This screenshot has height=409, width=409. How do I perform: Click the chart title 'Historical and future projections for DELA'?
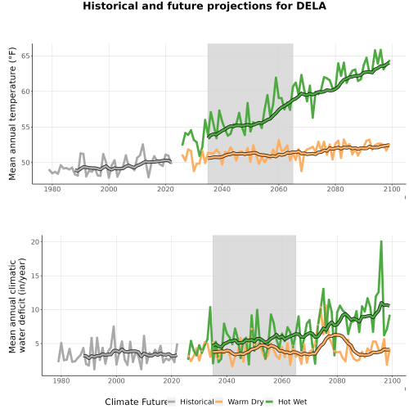pos(204,6)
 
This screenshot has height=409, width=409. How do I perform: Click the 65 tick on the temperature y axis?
pos(25,56)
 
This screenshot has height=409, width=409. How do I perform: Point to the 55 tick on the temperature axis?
pos(25,127)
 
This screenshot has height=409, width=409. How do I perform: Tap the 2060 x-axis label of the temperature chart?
pos(279,189)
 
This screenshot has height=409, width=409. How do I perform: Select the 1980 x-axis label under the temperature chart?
pos(52,189)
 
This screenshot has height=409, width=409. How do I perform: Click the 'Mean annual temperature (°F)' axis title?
pos(12,114)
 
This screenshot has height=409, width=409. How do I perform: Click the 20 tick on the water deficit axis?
pos(35,242)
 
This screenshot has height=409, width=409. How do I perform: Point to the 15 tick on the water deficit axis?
pos(35,276)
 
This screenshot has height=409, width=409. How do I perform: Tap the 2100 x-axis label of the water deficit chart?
pos(392,380)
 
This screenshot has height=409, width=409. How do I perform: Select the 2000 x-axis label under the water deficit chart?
pos(116,380)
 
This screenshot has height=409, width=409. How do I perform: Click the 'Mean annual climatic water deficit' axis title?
pos(17,305)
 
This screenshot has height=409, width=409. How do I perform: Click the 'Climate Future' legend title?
pos(136,402)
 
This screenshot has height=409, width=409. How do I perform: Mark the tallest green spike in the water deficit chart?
pos(381,241)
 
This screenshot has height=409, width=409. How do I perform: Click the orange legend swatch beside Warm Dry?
pos(219,402)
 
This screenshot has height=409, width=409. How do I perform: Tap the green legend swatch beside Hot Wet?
pos(269,402)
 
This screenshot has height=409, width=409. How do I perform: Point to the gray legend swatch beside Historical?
pos(172,402)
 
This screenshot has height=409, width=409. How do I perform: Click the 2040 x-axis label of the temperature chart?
pos(222,189)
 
